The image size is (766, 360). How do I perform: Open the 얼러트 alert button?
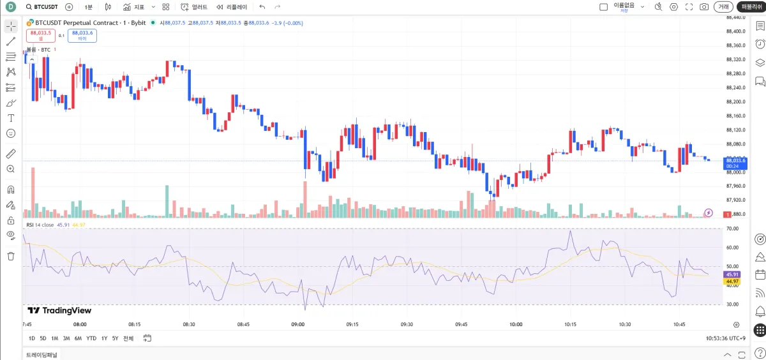point(194,7)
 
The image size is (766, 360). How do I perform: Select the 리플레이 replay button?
point(231,7)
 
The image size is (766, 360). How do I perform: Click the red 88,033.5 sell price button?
point(40,35)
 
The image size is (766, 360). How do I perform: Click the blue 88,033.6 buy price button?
point(82,35)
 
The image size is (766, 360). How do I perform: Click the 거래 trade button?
point(723,7)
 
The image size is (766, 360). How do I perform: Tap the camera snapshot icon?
point(704,7)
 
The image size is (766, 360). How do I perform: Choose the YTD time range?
point(91,338)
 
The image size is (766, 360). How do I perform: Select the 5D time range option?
point(43,338)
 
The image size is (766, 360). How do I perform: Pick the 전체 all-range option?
point(128,338)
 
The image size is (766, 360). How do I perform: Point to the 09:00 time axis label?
point(298,324)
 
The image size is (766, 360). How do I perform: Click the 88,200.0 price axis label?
point(736,102)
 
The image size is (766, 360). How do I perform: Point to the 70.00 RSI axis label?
point(732,229)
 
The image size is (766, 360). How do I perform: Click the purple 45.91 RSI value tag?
point(732,274)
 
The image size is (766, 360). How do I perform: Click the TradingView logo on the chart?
point(59,311)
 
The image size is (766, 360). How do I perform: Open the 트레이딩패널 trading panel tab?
point(41,354)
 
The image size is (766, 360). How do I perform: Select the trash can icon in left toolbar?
point(11,256)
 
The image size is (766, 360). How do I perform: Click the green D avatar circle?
point(11,7)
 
